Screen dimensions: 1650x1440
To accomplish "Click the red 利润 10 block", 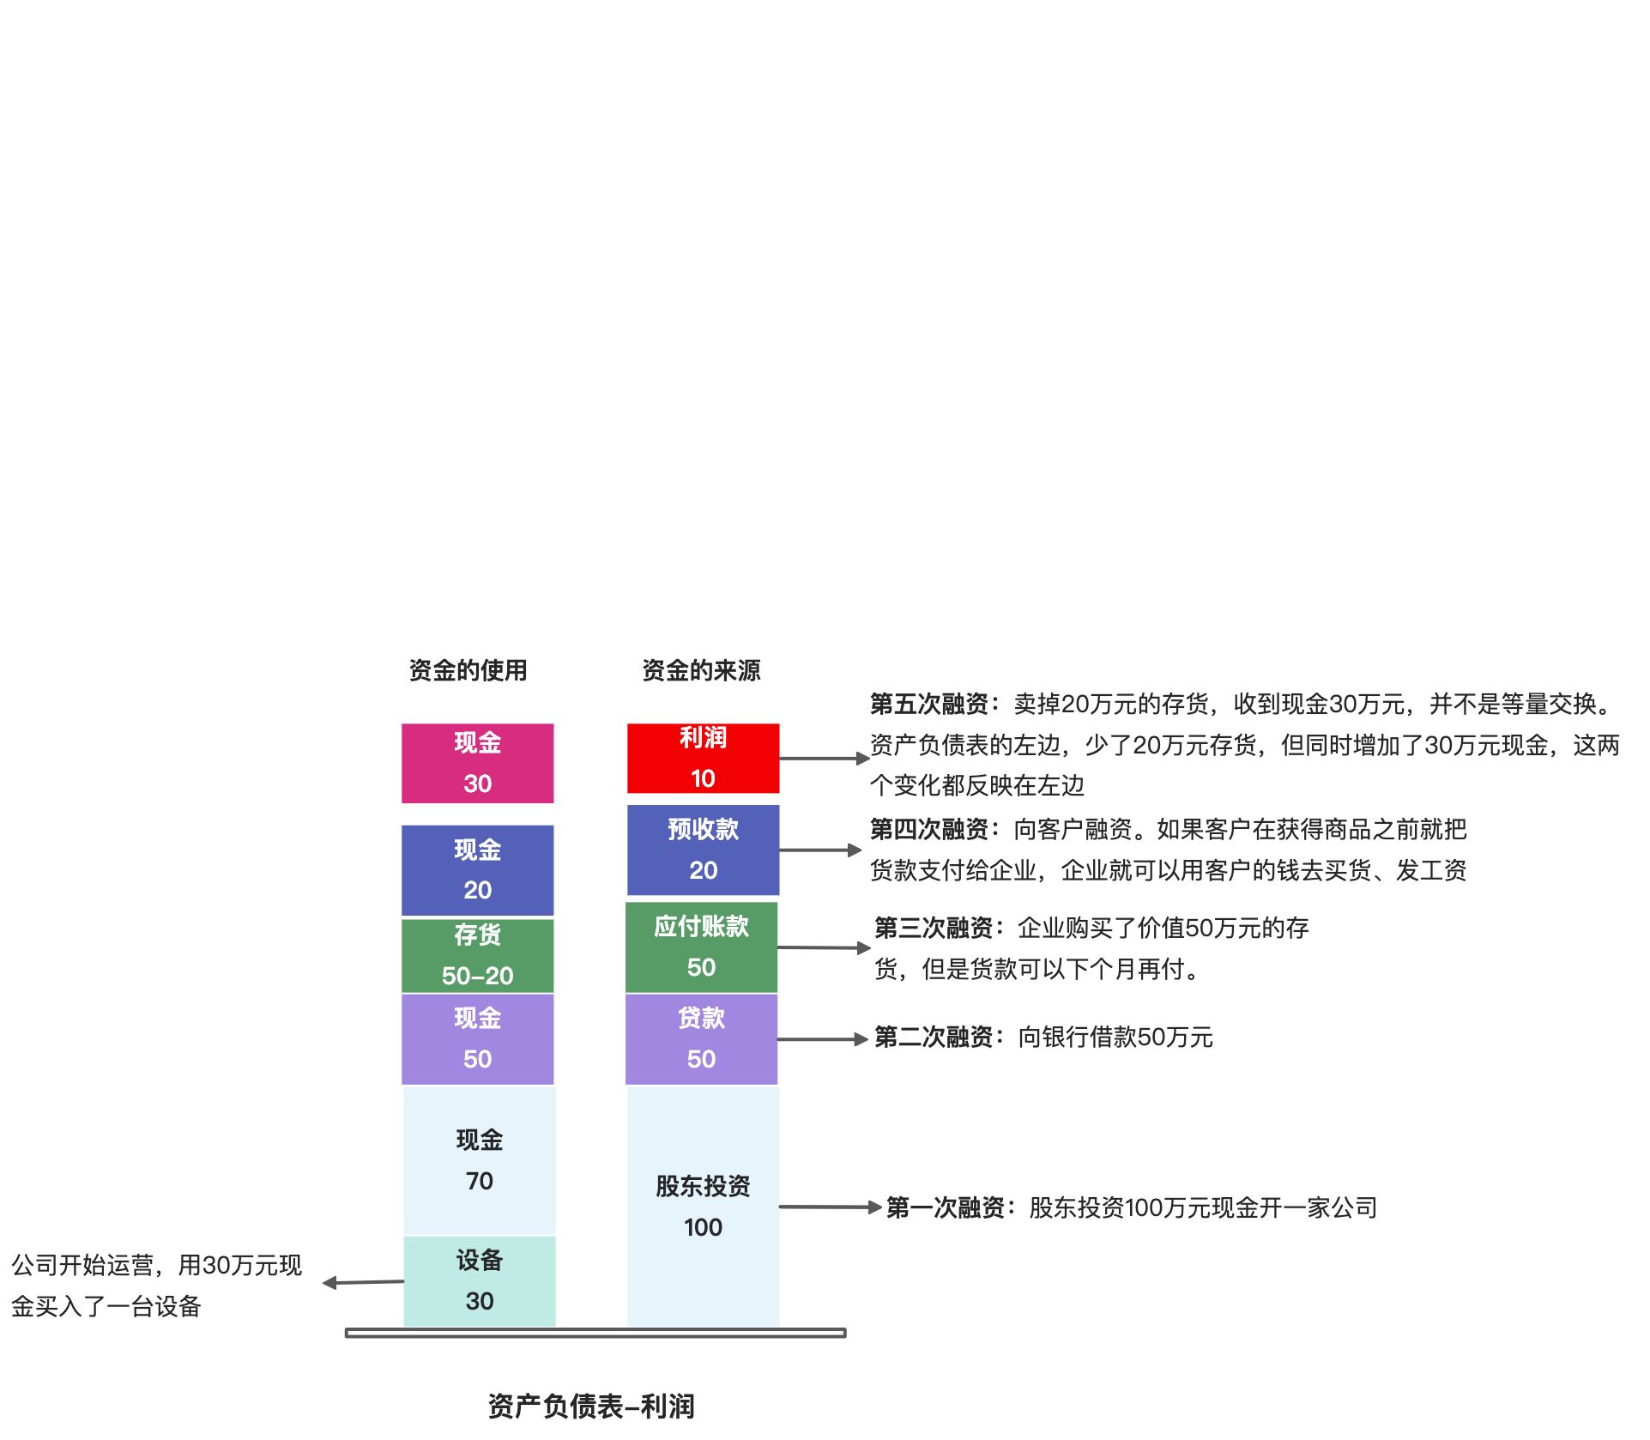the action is click(x=703, y=758).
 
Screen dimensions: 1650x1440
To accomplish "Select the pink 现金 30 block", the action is click(x=477, y=763).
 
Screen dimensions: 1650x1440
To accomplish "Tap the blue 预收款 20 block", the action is click(x=703, y=850).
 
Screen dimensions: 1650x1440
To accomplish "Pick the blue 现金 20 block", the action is click(x=477, y=869).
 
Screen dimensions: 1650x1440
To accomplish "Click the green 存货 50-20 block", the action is click(x=477, y=955).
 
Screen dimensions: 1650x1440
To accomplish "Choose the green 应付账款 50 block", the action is click(x=701, y=947).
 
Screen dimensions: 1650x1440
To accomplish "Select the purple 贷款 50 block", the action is click(x=701, y=1038).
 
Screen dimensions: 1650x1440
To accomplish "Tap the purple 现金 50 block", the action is click(x=477, y=1038).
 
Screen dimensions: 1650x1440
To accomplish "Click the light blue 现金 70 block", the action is click(x=479, y=1160).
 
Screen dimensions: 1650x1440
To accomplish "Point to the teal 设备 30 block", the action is click(x=479, y=1280).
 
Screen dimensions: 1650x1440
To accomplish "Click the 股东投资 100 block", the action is click(x=703, y=1206).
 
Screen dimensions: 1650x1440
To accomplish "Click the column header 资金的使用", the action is click(x=468, y=670).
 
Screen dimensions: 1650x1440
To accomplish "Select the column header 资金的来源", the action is click(x=701, y=670).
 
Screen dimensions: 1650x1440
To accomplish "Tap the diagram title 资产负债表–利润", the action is click(x=591, y=1406).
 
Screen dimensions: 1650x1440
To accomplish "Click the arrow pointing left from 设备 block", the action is click(x=363, y=1282).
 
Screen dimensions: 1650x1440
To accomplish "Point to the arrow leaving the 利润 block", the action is click(x=824, y=759).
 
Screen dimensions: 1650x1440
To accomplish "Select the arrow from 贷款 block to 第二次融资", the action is click(x=822, y=1039).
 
